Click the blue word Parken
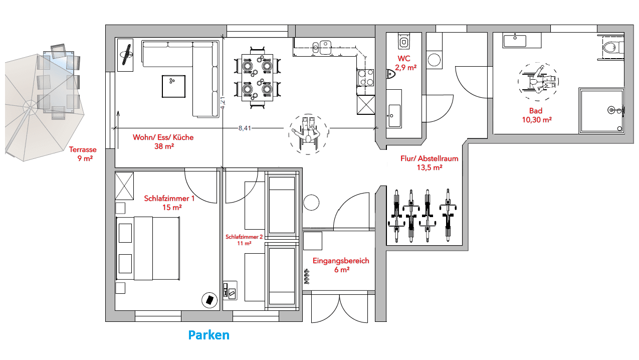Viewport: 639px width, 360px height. point(209,335)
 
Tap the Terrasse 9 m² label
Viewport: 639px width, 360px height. point(83,154)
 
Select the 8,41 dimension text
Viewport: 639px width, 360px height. point(245,128)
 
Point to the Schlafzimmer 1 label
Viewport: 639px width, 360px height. point(169,203)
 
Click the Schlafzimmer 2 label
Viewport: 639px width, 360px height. point(244,240)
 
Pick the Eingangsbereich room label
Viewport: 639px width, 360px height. point(341,265)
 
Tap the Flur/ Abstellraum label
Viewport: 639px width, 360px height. point(430,163)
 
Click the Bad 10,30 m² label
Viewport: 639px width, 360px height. point(537,115)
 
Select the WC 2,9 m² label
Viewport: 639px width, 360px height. point(405,63)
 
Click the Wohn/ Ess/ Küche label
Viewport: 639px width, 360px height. point(163,141)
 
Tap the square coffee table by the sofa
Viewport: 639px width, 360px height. point(173,86)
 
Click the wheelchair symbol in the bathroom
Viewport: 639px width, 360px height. point(538,81)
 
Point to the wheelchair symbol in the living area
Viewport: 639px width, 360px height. point(308,134)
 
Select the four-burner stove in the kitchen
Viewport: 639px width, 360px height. point(365,78)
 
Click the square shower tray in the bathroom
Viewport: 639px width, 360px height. point(601,111)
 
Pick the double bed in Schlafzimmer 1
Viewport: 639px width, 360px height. point(148,248)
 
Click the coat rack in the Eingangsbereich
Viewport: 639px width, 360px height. point(307,276)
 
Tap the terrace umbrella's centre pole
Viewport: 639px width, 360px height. point(30,107)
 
